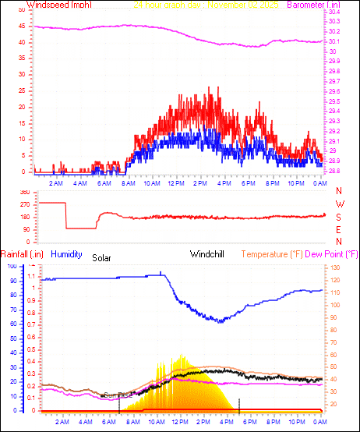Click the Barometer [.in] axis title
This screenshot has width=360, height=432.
[313, 5]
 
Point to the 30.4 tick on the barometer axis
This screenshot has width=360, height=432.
[334, 12]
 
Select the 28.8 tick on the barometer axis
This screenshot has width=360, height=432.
[334, 171]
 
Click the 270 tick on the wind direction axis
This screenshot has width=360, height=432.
[24, 204]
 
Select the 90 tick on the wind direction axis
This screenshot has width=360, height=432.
[26, 228]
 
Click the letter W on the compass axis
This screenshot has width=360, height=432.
[339, 204]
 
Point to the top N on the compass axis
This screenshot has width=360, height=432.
[339, 191]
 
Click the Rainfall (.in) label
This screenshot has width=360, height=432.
[22, 253]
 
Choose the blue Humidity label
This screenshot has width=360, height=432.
[67, 253]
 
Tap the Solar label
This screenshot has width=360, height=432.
[103, 257]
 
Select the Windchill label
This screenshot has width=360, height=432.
[209, 253]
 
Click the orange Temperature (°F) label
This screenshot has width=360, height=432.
[272, 253]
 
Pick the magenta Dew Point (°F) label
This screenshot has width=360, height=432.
[331, 253]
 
